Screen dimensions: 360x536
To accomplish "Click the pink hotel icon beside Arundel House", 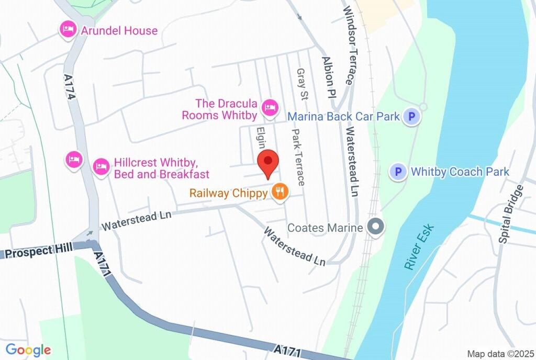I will (68, 30).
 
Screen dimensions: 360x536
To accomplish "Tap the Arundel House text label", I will (119, 30).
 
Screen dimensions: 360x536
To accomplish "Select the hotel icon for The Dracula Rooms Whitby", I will (270, 108).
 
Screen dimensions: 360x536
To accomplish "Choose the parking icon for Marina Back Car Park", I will (412, 117).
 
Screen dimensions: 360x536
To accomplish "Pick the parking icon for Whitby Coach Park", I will (399, 172).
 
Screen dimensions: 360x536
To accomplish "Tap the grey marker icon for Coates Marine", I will (375, 228).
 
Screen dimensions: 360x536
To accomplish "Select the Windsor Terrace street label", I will (348, 46).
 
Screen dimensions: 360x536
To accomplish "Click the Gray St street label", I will (302, 84).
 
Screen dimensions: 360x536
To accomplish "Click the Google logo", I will (28, 350).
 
